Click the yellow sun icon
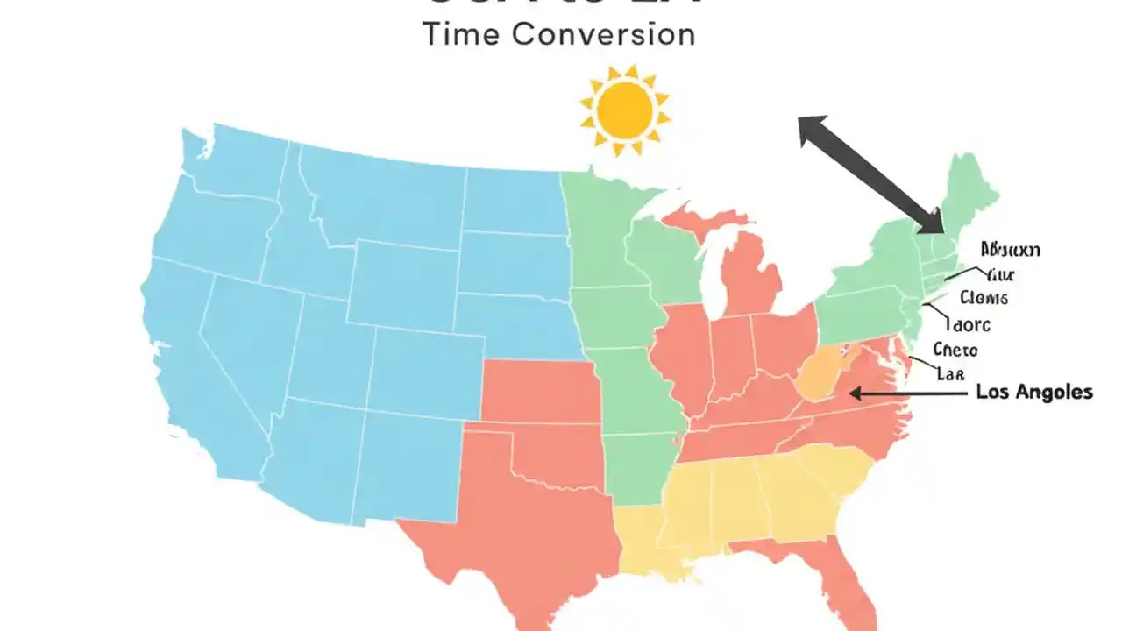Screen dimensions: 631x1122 coord(624,110)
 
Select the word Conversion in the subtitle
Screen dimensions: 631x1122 coord(603,34)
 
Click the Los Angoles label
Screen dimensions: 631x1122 coord(1034,392)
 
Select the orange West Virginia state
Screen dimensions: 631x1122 coord(819,376)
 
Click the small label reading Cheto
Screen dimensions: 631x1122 coord(955,350)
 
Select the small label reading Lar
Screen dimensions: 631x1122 coord(950,374)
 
